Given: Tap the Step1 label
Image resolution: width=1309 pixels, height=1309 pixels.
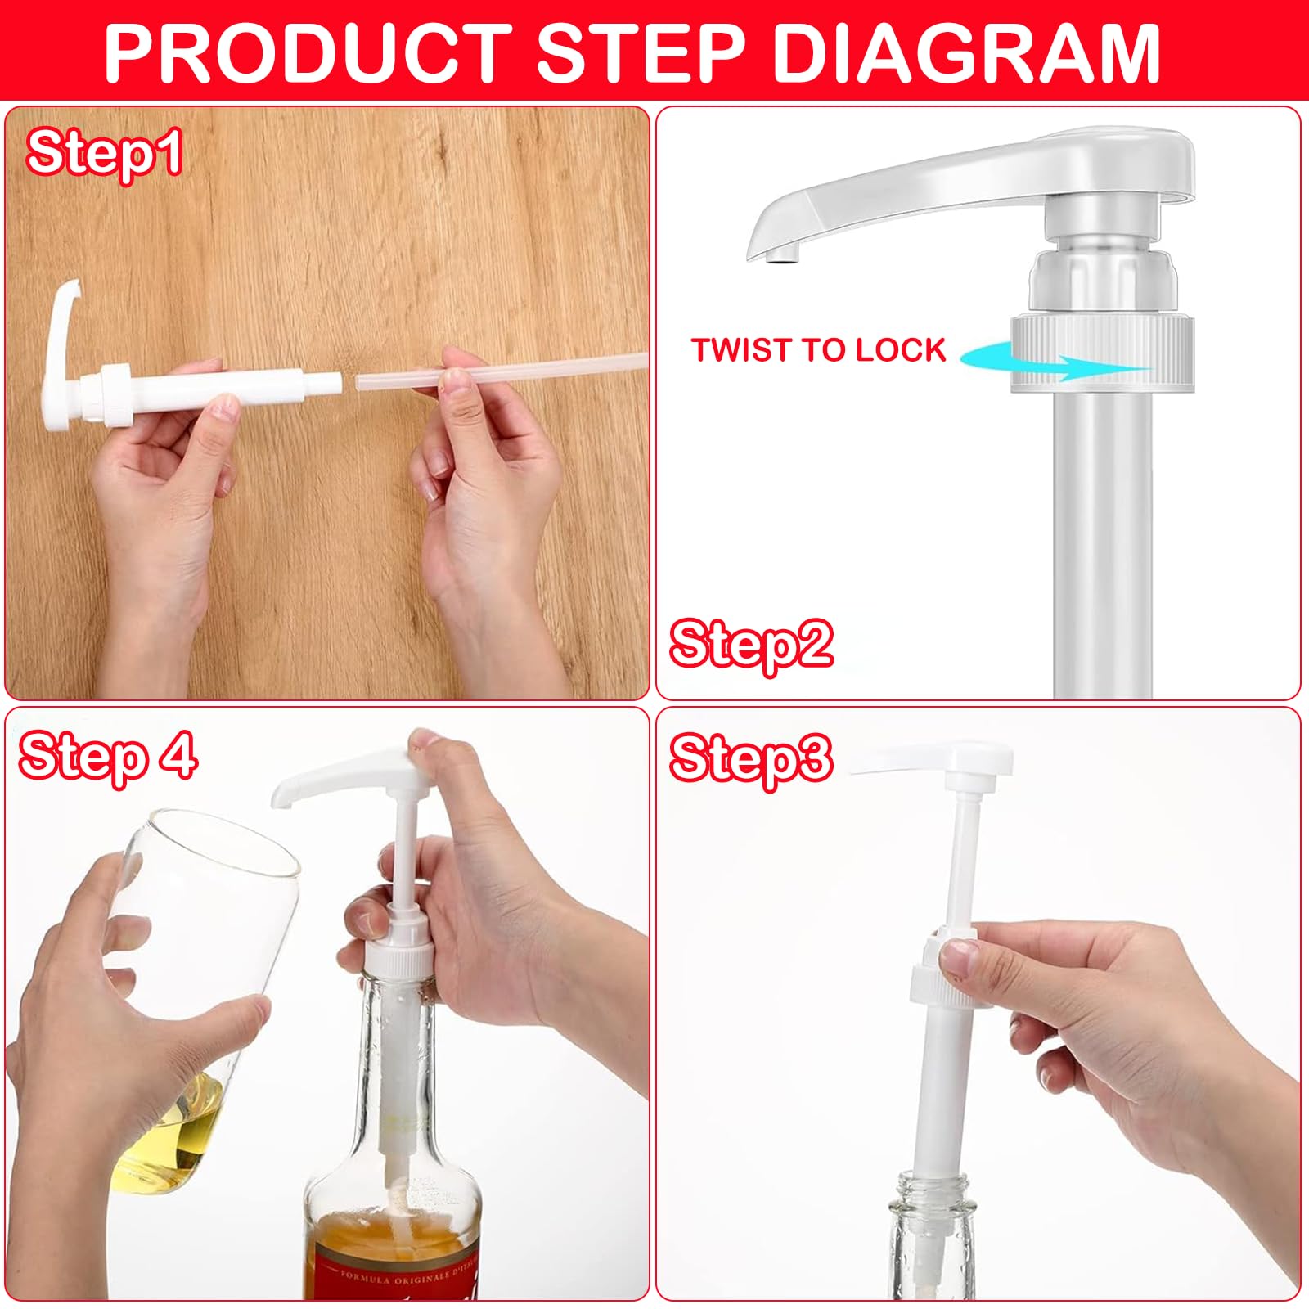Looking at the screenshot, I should [x=105, y=153].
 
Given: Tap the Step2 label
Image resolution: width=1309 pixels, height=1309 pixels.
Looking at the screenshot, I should [x=751, y=644].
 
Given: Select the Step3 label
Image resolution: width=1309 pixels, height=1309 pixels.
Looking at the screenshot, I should [x=751, y=758].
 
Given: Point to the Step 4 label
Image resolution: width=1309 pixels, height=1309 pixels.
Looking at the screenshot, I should [x=108, y=757].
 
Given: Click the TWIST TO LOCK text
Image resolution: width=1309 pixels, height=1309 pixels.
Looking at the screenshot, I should [x=818, y=350].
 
